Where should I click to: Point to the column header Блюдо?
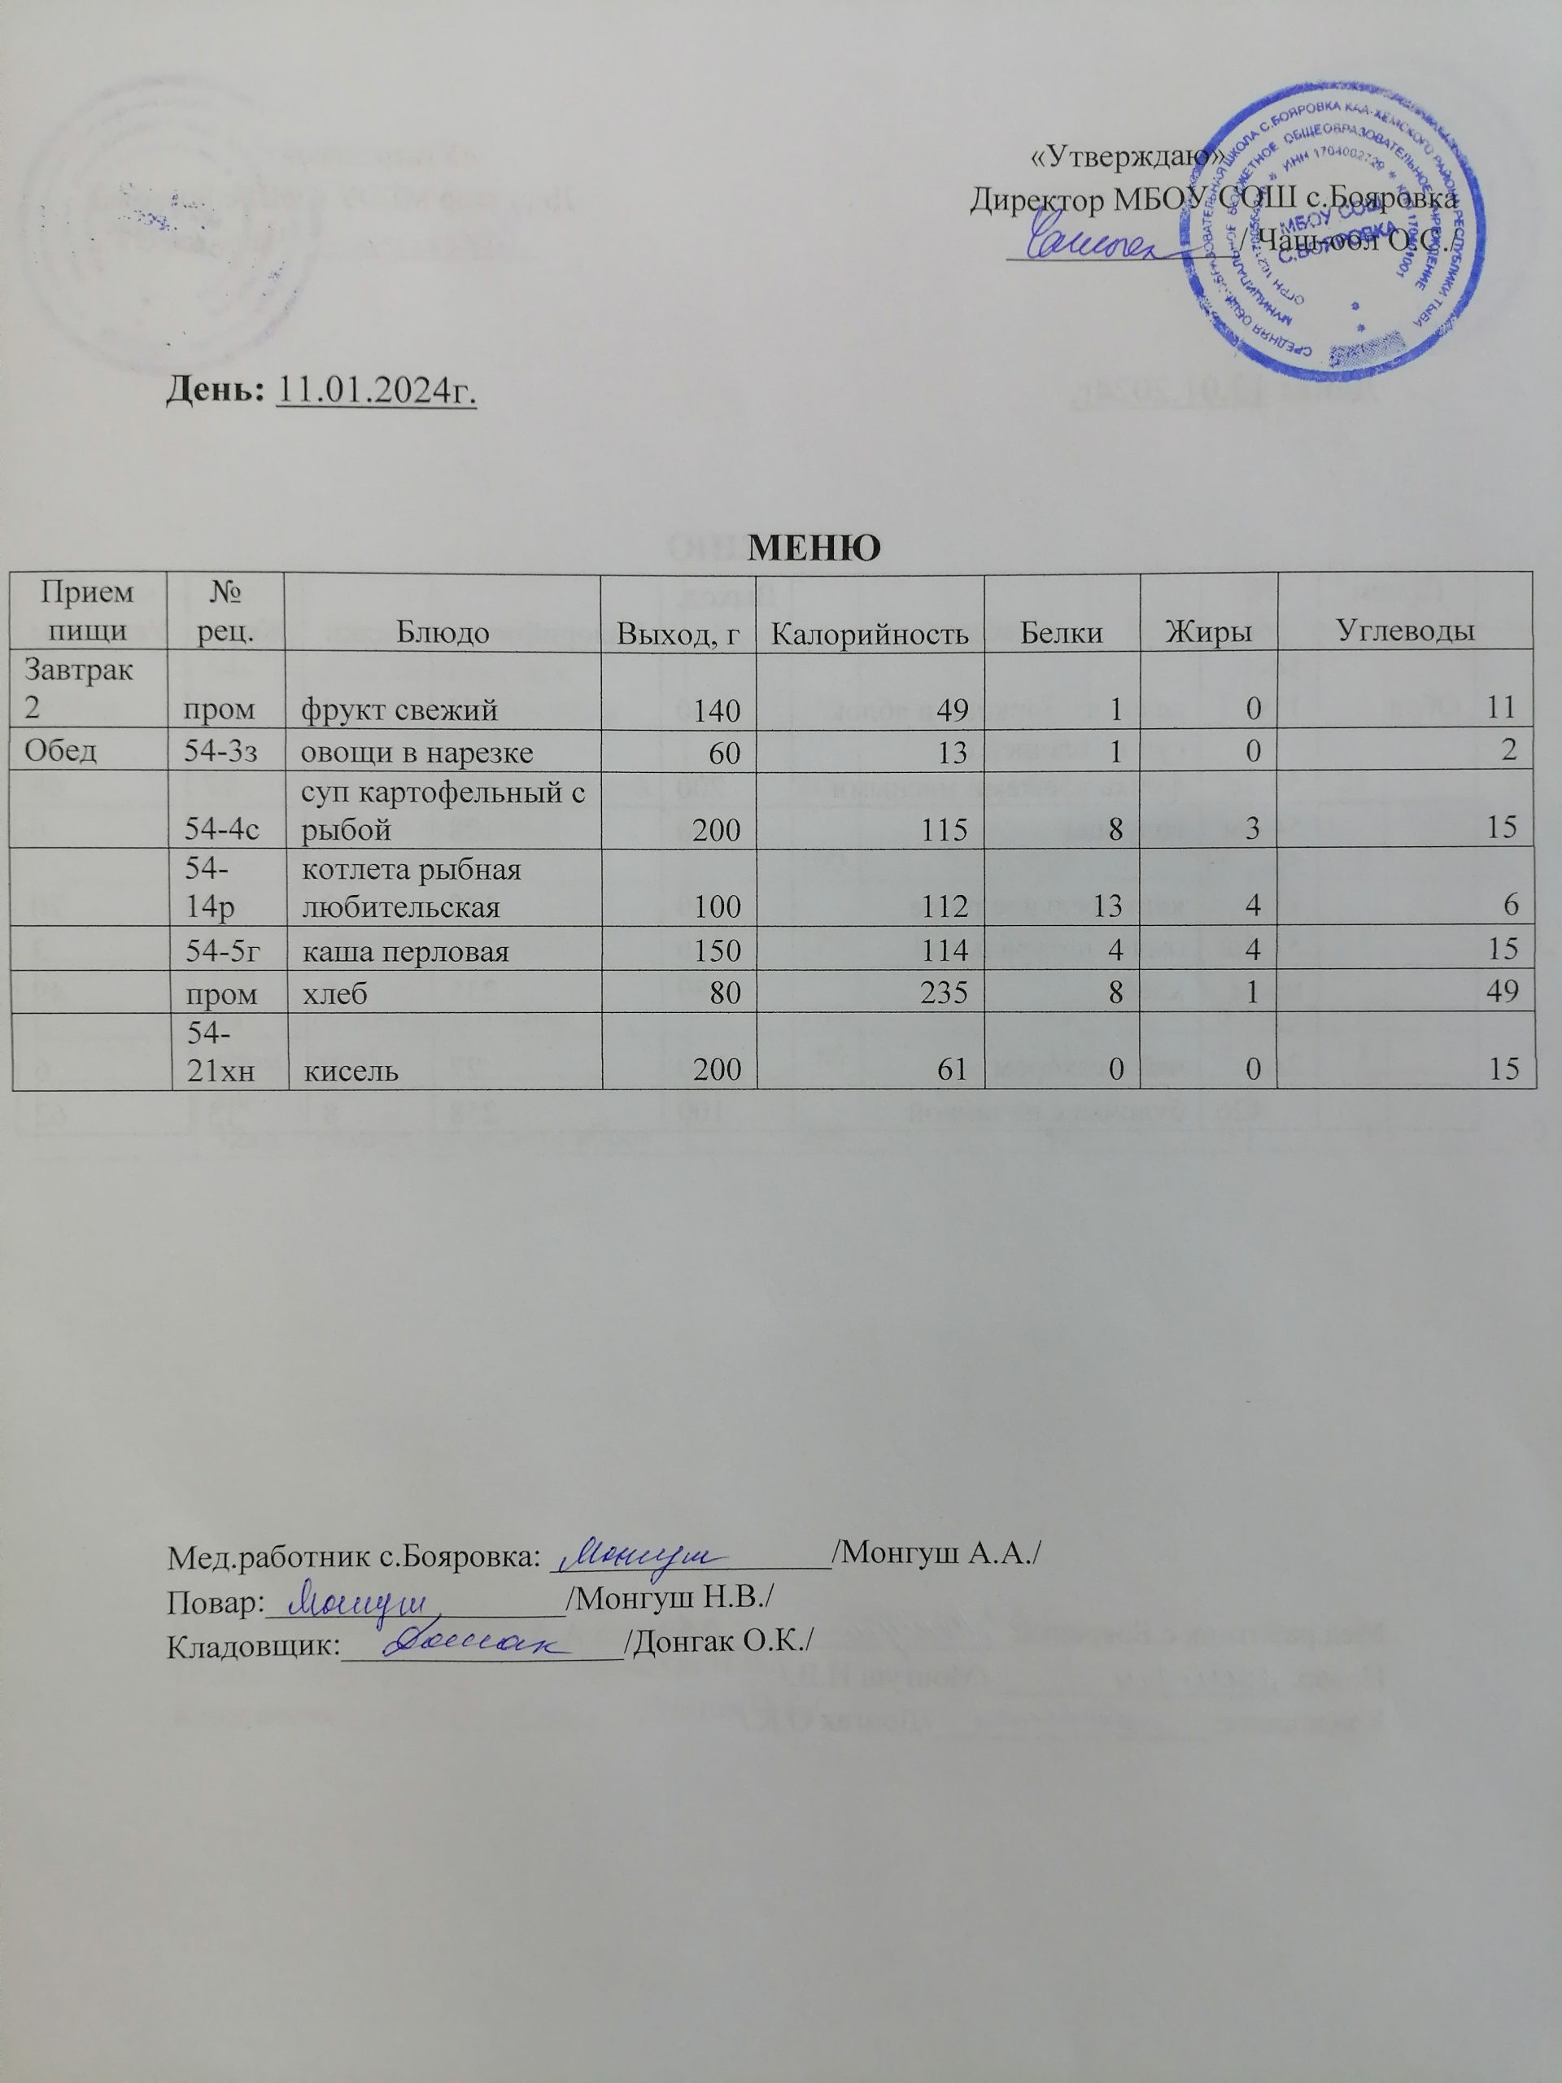tap(442, 633)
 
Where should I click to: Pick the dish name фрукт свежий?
tap(399, 710)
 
